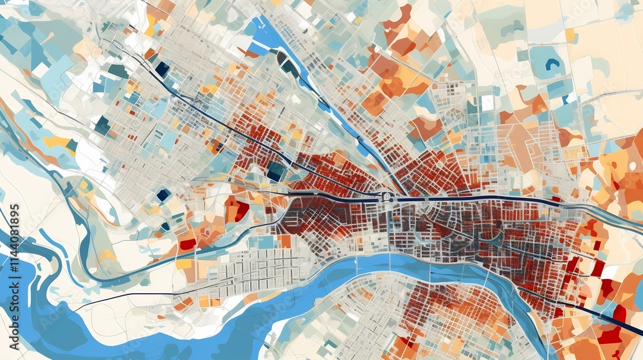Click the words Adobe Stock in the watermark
(321, 180)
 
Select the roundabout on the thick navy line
(388, 197)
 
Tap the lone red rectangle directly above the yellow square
(187, 244)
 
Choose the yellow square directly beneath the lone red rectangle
(185, 264)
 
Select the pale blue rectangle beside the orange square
(265, 242)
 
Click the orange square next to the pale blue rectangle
(284, 241)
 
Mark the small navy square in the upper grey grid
(162, 69)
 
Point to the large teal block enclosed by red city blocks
(276, 171)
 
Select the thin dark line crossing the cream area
(129, 297)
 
